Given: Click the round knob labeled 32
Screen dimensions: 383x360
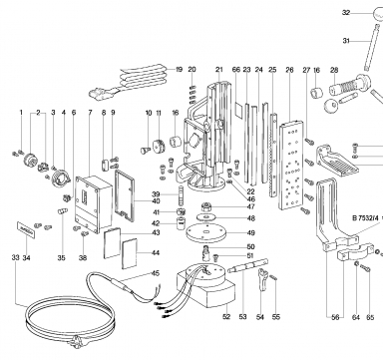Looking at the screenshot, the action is (378, 14).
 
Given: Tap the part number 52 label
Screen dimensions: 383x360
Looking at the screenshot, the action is (226, 316).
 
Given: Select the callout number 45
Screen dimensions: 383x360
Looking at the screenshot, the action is (156, 273).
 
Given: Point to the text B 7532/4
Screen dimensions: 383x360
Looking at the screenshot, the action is (365, 218).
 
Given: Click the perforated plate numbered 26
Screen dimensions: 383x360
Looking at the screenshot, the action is (292, 166).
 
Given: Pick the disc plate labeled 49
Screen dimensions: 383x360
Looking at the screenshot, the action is (206, 232).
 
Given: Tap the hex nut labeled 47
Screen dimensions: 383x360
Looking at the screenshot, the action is (206, 207).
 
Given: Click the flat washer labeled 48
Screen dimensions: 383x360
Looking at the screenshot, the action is (206, 217).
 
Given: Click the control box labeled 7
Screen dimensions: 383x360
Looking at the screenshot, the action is (93, 203).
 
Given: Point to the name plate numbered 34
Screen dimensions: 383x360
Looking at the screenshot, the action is (26, 229).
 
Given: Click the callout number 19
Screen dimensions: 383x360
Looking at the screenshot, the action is (180, 70).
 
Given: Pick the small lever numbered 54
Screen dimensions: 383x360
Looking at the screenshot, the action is (262, 280).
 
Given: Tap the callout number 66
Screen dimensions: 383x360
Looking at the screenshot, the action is (236, 70).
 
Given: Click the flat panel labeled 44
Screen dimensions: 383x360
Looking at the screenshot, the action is (130, 253).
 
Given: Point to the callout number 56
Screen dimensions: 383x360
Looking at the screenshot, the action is (335, 317).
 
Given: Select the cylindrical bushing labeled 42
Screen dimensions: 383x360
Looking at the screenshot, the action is (182, 222).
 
